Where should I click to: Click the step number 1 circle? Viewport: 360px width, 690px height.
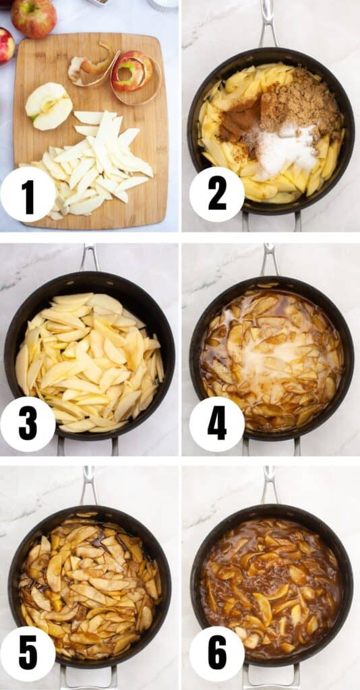pyautogui.click(x=28, y=195)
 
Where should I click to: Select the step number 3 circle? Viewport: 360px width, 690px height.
pyautogui.click(x=28, y=424)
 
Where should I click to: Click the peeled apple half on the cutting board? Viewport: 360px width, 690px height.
pyautogui.click(x=49, y=106)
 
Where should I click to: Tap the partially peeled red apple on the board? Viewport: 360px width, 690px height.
pyautogui.click(x=131, y=71)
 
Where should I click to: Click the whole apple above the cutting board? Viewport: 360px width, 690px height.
pyautogui.click(x=34, y=18)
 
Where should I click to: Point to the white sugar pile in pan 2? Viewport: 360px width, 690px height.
pyautogui.click(x=287, y=150)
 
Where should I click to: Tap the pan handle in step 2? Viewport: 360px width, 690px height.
pyautogui.click(x=268, y=24)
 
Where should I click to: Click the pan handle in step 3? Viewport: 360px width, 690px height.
pyautogui.click(x=88, y=257)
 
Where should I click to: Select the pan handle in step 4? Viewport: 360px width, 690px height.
pyautogui.click(x=270, y=259)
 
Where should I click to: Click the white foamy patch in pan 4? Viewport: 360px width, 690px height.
pyautogui.click(x=263, y=364)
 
